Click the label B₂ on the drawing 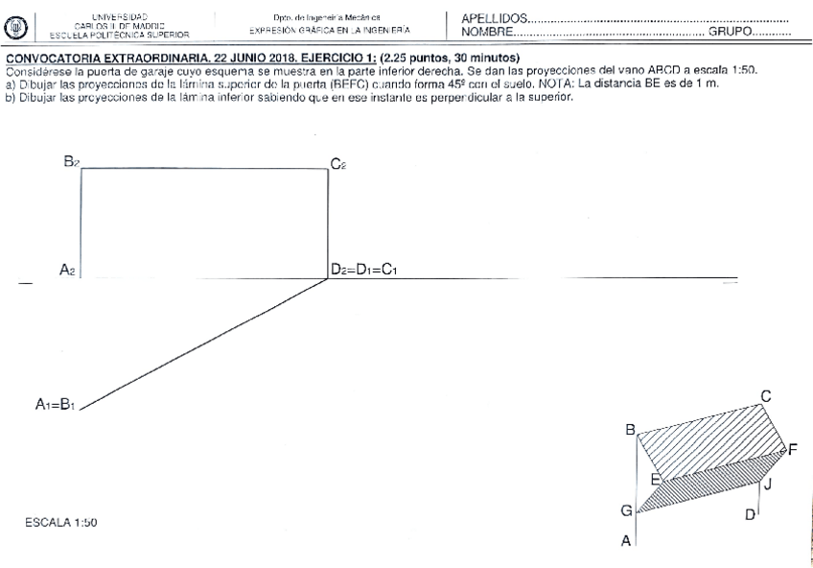pyautogui.click(x=72, y=162)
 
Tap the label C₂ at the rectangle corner pyautogui.click(x=338, y=165)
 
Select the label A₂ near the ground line pyautogui.click(x=67, y=271)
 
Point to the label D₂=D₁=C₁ pyautogui.click(x=363, y=271)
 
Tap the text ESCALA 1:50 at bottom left pyautogui.click(x=61, y=523)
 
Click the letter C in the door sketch pyautogui.click(x=766, y=395)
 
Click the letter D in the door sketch pyautogui.click(x=750, y=515)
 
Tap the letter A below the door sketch pyautogui.click(x=626, y=542)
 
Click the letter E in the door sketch pyautogui.click(x=657, y=479)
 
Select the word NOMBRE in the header pyautogui.click(x=487, y=33)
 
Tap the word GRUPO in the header pyautogui.click(x=730, y=33)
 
